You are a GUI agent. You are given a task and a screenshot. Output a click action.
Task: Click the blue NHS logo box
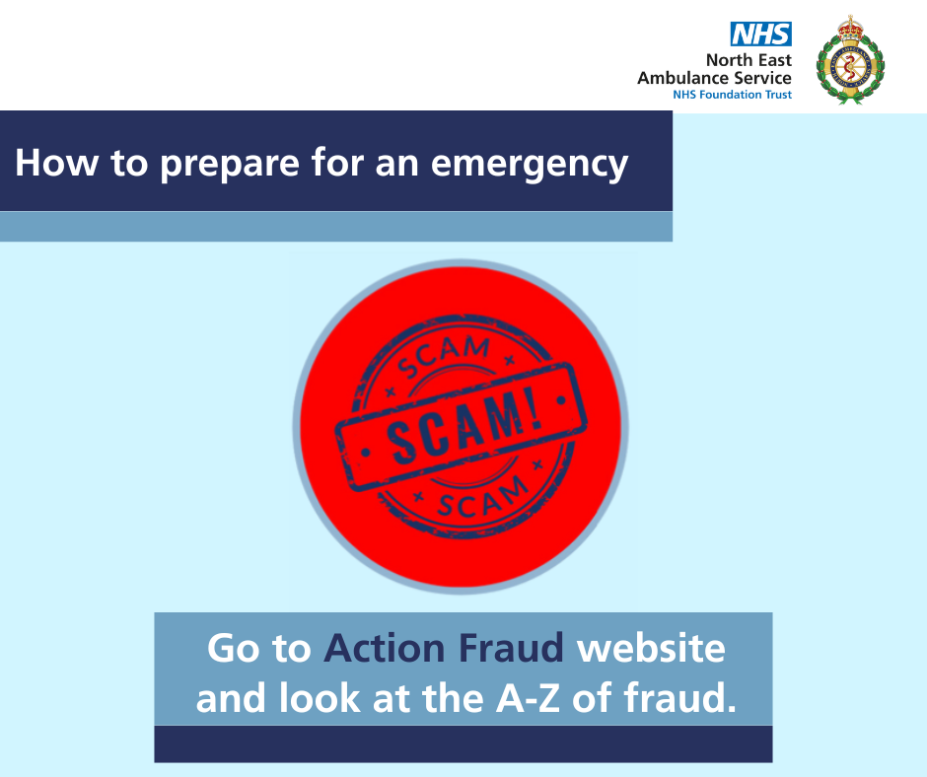[761, 34]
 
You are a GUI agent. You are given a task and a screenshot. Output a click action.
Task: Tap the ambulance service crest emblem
[850, 60]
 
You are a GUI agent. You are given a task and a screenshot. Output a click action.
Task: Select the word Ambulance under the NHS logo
[682, 78]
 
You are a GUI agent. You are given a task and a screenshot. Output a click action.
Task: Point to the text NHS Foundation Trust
[732, 95]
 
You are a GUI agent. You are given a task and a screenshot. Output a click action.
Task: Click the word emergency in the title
[530, 164]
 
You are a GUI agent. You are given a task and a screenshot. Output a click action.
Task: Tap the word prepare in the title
[230, 164]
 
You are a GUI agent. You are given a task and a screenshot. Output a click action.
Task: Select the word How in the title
[57, 163]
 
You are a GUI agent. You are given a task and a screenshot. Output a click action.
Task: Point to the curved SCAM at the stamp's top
[444, 356]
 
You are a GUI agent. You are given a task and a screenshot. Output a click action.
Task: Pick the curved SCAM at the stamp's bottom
[483, 497]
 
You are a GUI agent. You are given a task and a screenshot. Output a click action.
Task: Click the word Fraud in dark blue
[511, 648]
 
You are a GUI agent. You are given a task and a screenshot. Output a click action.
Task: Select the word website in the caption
[651, 648]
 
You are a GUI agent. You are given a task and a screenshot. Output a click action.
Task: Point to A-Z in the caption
[528, 698]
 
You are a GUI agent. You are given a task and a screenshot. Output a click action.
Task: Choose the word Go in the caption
[234, 649]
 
